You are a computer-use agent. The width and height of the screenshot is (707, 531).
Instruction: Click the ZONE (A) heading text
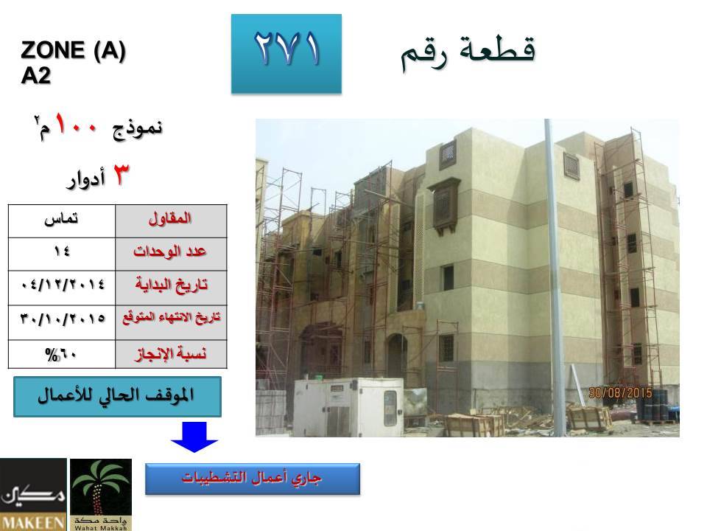click(x=73, y=49)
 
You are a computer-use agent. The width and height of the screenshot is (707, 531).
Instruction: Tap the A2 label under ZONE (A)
click(x=35, y=75)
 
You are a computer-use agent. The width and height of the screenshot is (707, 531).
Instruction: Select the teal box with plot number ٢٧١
click(x=286, y=54)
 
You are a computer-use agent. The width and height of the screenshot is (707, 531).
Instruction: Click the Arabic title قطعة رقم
click(x=468, y=52)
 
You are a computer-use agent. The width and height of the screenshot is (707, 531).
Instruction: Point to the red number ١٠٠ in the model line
click(x=76, y=125)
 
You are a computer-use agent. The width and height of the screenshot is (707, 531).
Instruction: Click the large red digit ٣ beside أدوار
click(x=120, y=175)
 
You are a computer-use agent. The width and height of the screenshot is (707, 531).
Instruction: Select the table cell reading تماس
click(x=62, y=221)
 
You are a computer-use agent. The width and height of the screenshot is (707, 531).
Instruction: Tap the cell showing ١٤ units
click(x=62, y=254)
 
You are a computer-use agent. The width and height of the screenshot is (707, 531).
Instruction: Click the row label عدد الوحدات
click(x=170, y=251)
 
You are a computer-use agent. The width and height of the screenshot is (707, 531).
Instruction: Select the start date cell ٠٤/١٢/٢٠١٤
click(x=62, y=288)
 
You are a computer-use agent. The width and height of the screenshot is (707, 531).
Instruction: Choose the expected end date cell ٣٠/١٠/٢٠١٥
click(x=62, y=322)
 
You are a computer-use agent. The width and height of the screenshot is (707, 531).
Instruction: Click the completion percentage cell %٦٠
click(x=62, y=354)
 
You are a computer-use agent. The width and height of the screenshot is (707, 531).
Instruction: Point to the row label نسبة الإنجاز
click(x=171, y=353)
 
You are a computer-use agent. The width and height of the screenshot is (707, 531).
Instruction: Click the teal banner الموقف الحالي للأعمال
click(x=117, y=397)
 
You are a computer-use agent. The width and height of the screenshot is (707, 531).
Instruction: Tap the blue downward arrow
click(x=194, y=437)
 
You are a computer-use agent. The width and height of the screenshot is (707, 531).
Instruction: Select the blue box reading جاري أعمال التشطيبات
click(x=253, y=479)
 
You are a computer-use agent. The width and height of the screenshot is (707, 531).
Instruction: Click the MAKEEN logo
click(x=33, y=494)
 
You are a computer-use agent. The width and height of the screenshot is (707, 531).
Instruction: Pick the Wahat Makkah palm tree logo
click(x=101, y=494)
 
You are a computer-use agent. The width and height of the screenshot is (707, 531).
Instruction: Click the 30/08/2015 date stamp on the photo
click(x=620, y=393)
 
